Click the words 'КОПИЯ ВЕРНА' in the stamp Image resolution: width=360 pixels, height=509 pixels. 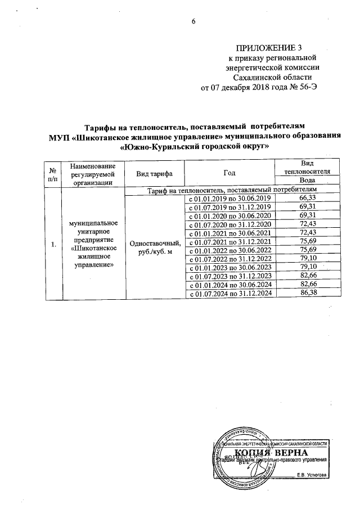[x=271, y=453]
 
